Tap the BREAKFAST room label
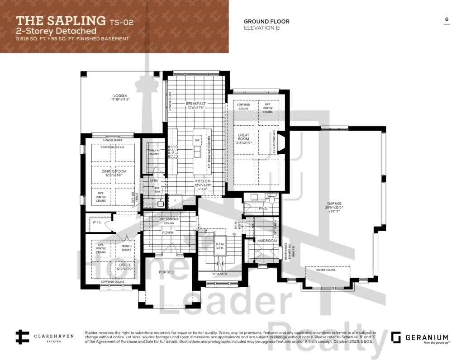pos(195,104)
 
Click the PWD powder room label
pos(262,209)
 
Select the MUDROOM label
pos(267,241)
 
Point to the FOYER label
pos(168,233)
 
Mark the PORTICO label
pos(167,272)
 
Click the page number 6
pos(447,19)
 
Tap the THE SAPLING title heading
pos(60,20)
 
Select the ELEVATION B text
pos(262,28)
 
